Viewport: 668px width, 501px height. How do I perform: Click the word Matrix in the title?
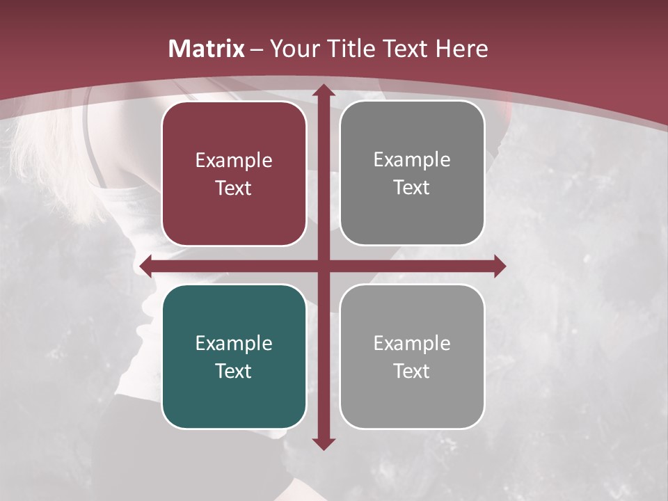coord(207,49)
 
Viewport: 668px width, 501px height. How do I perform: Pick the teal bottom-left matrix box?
coord(234,397)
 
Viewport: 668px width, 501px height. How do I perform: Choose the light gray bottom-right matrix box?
coord(412,397)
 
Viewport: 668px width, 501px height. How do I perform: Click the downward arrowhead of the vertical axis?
coord(323,443)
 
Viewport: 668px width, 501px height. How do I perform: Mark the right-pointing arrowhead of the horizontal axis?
coord(499,266)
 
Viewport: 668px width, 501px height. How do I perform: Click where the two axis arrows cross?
coord(323,266)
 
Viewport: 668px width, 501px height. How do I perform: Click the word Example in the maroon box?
coord(234,161)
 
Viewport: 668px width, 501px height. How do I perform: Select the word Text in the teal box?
coord(234,371)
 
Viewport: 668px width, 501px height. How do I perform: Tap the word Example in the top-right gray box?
coord(412,160)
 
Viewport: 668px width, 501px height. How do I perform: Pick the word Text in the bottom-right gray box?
coord(412,371)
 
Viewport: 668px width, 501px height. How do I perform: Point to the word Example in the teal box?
coord(234,343)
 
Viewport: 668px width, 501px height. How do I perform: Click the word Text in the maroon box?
coord(234,188)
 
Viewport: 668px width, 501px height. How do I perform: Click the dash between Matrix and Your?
coord(257,49)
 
